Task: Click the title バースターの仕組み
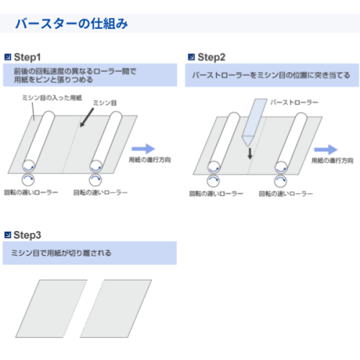71,24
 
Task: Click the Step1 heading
27,58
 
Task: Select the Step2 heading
212,58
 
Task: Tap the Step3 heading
27,235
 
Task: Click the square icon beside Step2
192,57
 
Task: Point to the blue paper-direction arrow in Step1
143,149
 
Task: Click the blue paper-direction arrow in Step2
326,150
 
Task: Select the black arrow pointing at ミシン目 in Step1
87,117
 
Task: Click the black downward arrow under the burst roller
250,153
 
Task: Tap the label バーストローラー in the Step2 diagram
294,102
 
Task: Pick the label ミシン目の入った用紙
52,98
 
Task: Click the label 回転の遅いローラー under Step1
31,192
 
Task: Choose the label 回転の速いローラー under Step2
286,194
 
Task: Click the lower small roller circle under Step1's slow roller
28,180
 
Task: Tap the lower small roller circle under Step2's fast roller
281,181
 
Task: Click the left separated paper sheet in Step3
51,308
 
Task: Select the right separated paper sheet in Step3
116,308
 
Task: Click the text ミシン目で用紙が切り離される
61,253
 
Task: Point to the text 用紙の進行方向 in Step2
333,161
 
